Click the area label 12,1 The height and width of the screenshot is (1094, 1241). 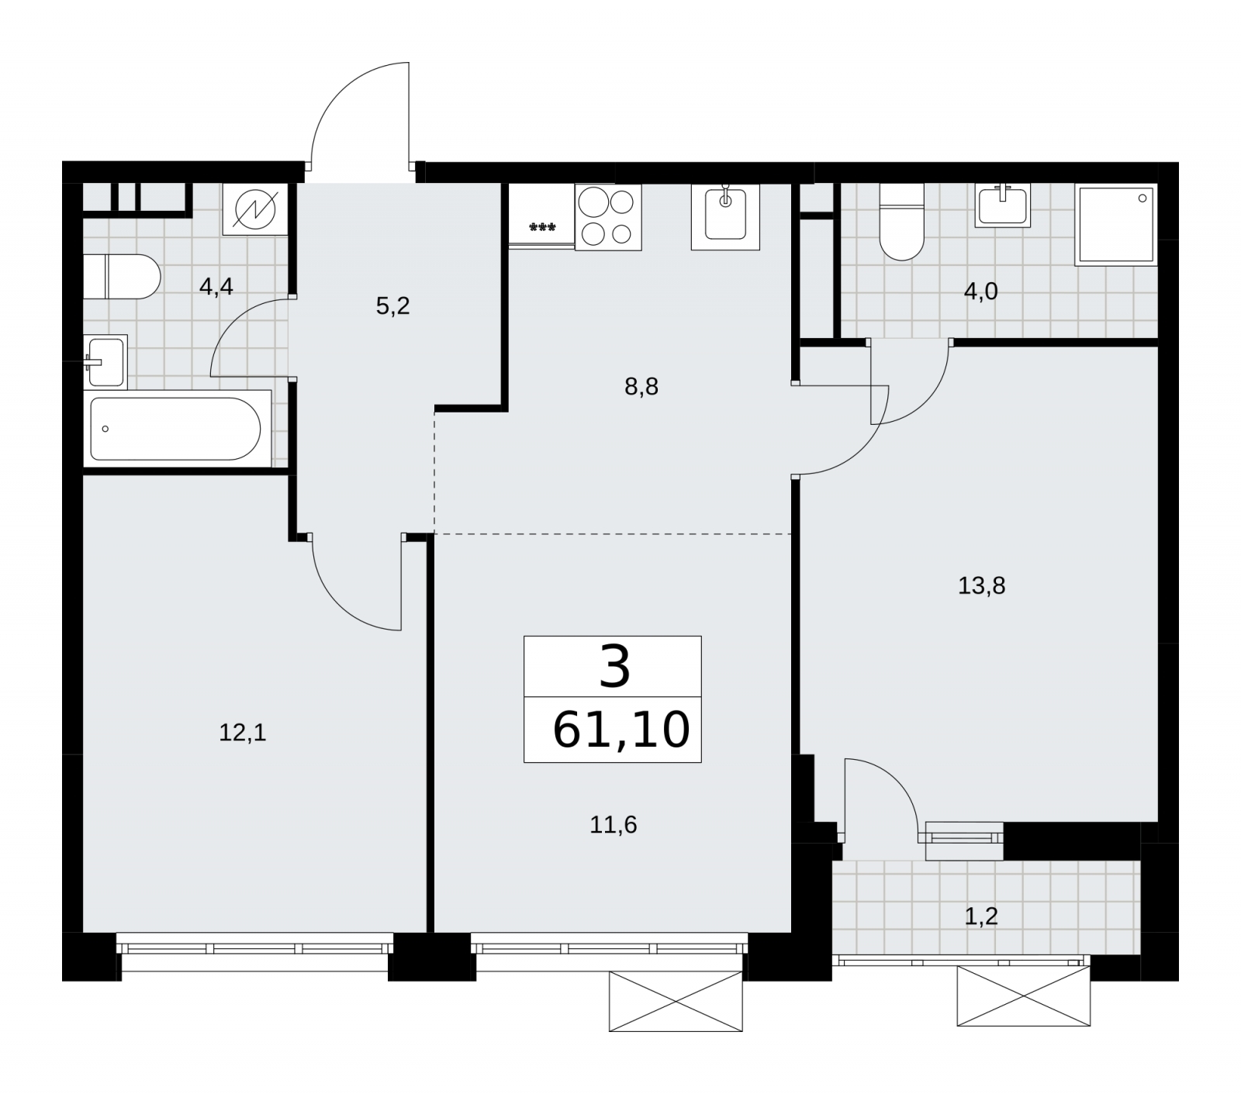click(243, 733)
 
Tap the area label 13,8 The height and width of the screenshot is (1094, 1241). click(982, 585)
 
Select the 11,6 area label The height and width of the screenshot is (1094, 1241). click(614, 825)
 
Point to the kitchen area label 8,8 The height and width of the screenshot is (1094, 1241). click(641, 386)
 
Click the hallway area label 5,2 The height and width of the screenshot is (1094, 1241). click(392, 306)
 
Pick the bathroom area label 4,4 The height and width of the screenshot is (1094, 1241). click(216, 287)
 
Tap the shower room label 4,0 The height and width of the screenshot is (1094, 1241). click(981, 292)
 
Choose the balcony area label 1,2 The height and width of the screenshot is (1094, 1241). click(981, 917)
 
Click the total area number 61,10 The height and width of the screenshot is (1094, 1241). click(620, 730)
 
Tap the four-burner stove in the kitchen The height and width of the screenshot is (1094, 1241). click(608, 217)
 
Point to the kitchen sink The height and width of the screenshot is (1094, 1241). click(725, 217)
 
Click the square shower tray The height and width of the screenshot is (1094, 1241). click(1116, 225)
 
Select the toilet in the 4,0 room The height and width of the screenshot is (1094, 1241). click(902, 222)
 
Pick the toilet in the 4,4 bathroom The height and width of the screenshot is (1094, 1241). click(121, 276)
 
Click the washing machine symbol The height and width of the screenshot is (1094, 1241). click(255, 209)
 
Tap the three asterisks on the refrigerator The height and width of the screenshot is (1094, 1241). click(541, 227)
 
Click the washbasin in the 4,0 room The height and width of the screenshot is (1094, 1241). click(1004, 205)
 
